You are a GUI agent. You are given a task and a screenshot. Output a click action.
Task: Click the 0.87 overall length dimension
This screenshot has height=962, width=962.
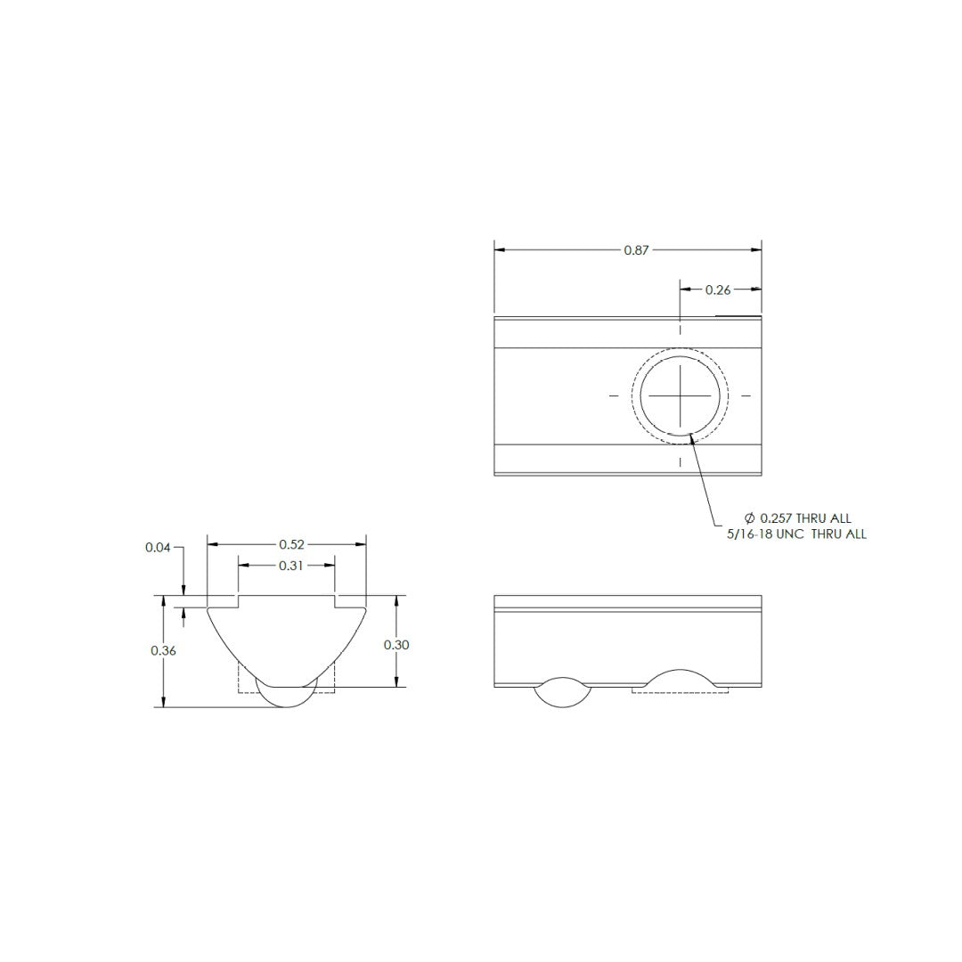(x=636, y=251)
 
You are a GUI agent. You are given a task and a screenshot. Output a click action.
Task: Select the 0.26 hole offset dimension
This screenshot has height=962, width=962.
(x=718, y=289)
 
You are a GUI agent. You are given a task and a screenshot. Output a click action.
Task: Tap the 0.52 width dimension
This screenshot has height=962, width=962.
(x=287, y=544)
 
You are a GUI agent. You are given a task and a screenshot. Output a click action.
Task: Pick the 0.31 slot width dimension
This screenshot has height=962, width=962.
(x=287, y=566)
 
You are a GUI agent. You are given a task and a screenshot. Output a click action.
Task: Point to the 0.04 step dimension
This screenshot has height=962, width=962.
(x=158, y=548)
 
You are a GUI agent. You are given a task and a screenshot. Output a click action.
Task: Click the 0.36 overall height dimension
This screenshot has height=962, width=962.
(x=163, y=651)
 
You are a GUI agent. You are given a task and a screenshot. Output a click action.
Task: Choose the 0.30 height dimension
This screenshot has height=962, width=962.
(x=396, y=645)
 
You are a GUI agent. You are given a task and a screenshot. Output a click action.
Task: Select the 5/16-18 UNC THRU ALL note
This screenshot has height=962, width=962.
(x=796, y=534)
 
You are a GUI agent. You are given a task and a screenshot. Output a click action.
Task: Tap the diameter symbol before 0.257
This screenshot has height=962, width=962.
(x=749, y=518)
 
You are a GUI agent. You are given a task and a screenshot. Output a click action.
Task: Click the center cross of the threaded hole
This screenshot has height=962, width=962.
(x=681, y=395)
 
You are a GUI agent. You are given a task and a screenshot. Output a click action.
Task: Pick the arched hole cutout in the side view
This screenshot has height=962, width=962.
(x=680, y=680)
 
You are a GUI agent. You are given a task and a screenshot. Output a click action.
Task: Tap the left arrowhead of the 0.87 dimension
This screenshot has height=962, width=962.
(x=500, y=251)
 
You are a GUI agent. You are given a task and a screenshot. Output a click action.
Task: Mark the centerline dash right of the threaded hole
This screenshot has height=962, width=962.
(x=746, y=395)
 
